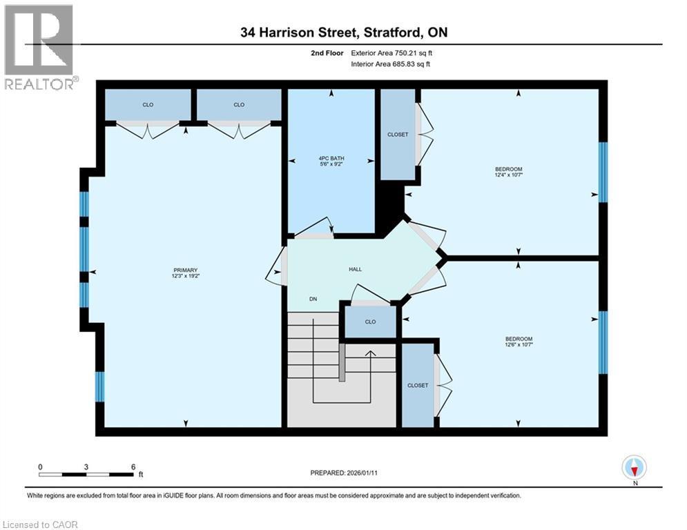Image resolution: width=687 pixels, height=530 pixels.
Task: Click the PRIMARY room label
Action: point(185,269)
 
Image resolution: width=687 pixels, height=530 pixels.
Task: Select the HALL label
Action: point(356,269)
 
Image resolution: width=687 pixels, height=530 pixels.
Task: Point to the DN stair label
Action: point(313,299)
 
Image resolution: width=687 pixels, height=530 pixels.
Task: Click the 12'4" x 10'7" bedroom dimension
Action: point(508,175)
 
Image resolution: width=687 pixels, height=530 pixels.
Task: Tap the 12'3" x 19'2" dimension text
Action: point(185,276)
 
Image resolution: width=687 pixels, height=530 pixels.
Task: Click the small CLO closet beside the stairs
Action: point(370,322)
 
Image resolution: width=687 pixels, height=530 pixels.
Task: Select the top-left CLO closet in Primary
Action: point(148,105)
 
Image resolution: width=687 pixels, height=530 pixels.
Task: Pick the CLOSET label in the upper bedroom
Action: point(398,135)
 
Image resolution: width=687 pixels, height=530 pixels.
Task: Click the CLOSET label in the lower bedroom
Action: point(418,385)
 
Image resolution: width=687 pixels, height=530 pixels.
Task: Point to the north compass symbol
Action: point(633,468)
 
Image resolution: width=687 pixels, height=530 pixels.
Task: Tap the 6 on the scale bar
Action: point(133,467)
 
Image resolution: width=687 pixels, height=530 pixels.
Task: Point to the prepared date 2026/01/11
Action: point(345,473)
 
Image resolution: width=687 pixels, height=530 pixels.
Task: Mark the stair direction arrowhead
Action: point(370,353)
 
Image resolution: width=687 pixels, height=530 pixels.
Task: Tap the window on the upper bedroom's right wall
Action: point(602,173)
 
